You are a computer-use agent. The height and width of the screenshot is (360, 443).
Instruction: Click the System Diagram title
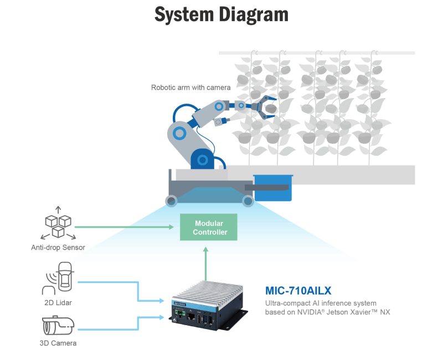221,15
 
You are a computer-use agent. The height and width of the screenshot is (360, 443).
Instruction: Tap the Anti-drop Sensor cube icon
58,224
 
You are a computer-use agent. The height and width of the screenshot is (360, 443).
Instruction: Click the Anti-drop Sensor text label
58,248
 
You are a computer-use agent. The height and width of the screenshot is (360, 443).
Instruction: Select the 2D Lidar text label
58,303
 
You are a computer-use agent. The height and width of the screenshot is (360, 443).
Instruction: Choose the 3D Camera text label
58,343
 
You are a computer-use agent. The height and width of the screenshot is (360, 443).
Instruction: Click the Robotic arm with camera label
190,88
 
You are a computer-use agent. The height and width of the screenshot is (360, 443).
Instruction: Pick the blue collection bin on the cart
272,188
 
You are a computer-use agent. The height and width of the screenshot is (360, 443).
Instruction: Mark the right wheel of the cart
248,200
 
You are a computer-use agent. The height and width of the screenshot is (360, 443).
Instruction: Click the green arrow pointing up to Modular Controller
207,260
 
